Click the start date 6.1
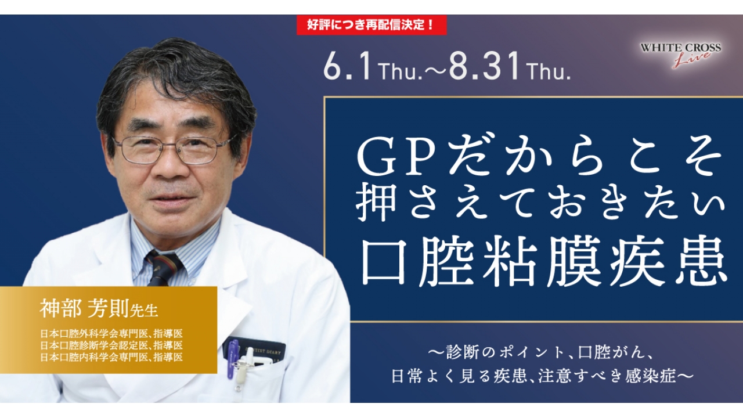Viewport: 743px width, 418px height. [347, 69]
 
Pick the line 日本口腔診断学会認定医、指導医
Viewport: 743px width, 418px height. [111, 345]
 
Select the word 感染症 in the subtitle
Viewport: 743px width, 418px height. [657, 376]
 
